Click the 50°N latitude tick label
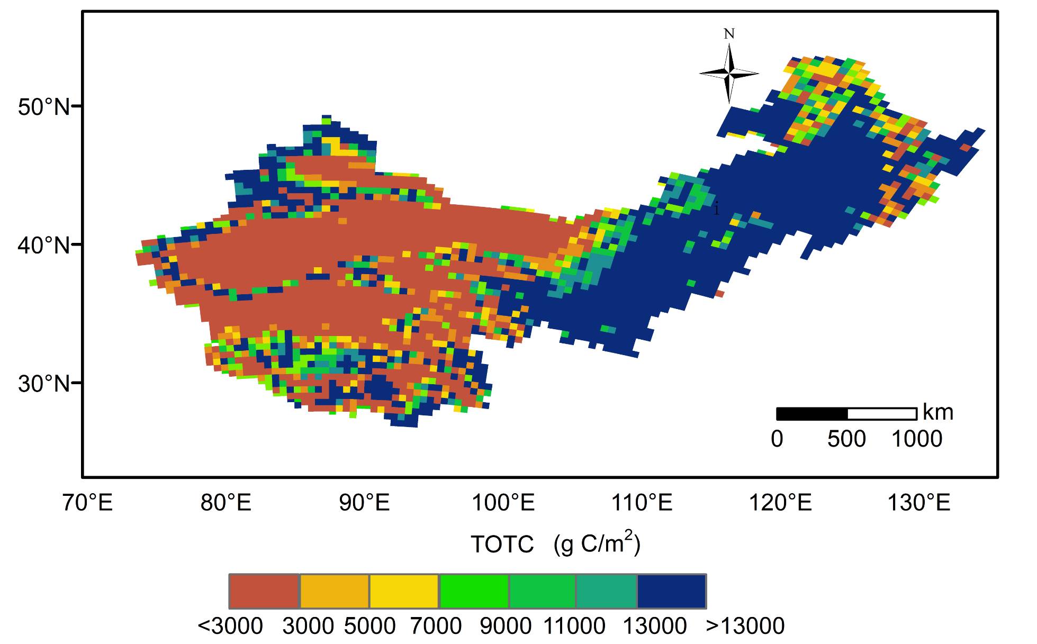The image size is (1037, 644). click(43, 107)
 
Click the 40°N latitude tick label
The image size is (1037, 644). click(43, 246)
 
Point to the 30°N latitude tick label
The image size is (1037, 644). click(43, 384)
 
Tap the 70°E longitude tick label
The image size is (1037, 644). click(87, 502)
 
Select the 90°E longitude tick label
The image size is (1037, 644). click(364, 502)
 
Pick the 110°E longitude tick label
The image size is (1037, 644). click(642, 502)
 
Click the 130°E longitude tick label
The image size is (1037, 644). click(919, 502)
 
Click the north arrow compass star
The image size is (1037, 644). click(729, 74)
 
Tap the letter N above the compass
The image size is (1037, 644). click(729, 34)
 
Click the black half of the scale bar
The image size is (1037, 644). click(811, 414)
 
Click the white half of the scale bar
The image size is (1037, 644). click(882, 414)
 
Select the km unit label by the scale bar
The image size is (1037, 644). click(937, 412)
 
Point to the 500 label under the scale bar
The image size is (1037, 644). click(846, 439)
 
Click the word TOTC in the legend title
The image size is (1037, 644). click(502, 545)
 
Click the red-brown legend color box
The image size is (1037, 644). click(264, 591)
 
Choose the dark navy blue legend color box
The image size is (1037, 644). click(671, 591)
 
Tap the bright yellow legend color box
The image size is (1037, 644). click(404, 591)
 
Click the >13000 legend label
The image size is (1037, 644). click(745, 627)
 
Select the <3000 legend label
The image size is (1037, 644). click(230, 627)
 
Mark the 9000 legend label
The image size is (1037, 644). click(506, 627)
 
